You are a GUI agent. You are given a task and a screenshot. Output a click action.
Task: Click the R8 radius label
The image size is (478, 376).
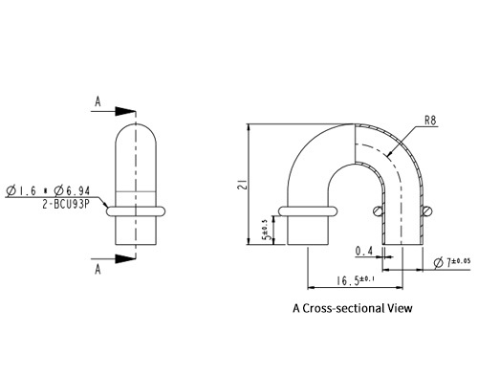coord(430,121)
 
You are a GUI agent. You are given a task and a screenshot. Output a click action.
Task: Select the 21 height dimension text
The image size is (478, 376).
coord(243,185)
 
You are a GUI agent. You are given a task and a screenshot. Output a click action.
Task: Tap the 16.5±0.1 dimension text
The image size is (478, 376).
coord(356,281)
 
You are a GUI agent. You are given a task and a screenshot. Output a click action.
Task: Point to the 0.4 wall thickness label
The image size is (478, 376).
coord(364,252)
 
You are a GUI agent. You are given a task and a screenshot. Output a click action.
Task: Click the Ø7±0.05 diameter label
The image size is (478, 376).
coord(452,263)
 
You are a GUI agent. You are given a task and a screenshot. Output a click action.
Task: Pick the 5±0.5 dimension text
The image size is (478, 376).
coord(267,230)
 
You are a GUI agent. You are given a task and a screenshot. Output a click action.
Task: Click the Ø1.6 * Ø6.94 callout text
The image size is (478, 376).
coord(48,191)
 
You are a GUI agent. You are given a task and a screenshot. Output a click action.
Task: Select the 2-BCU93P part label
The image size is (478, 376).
coord(66,204)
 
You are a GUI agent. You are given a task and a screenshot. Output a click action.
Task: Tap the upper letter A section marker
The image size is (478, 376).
coord(98,101)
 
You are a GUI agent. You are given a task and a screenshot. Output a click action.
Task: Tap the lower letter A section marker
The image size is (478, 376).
coord(98,270)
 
